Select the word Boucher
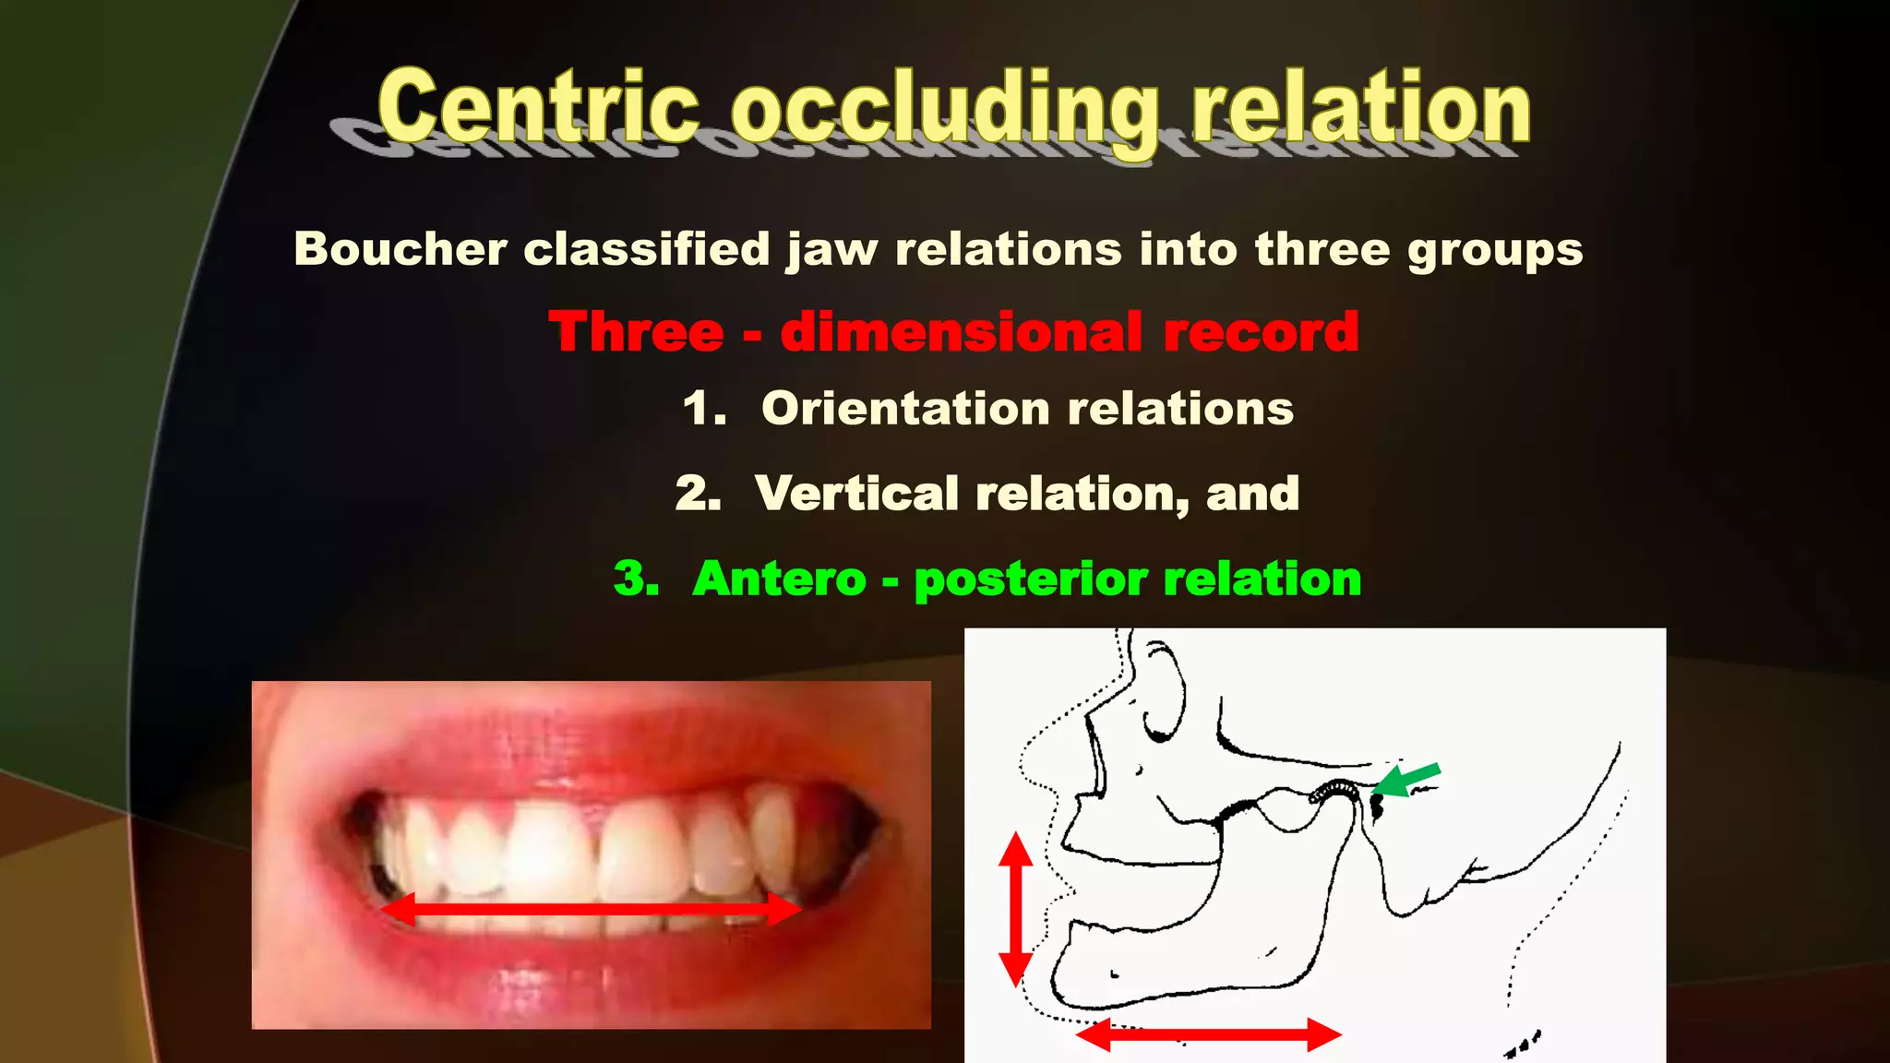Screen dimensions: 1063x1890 [401, 249]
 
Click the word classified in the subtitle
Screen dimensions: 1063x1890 [646, 249]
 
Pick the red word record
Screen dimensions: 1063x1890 [1261, 331]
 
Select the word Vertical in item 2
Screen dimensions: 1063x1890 [856, 493]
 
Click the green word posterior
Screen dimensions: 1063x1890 [1031, 579]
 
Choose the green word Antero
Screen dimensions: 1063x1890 [779, 579]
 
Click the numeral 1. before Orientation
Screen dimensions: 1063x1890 [704, 408]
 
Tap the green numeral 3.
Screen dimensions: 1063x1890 [636, 579]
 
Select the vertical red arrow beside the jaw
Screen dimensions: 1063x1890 [1016, 909]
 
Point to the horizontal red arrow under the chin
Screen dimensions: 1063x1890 [1208, 1034]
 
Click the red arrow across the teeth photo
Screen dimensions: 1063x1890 [591, 910]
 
